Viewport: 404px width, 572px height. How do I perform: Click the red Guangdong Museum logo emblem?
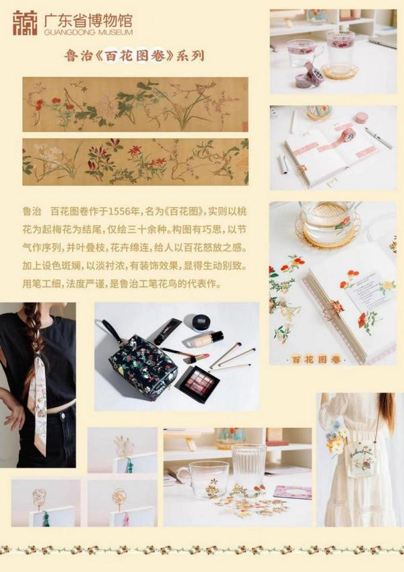(25, 23)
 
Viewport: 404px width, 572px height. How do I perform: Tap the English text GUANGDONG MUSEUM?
(88, 32)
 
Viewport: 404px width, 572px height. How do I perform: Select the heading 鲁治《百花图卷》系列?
(135, 56)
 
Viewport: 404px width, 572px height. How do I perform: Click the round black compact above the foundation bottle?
(201, 322)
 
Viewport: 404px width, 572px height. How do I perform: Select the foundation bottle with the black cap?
(207, 339)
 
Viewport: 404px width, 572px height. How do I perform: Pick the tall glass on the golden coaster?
(340, 51)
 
